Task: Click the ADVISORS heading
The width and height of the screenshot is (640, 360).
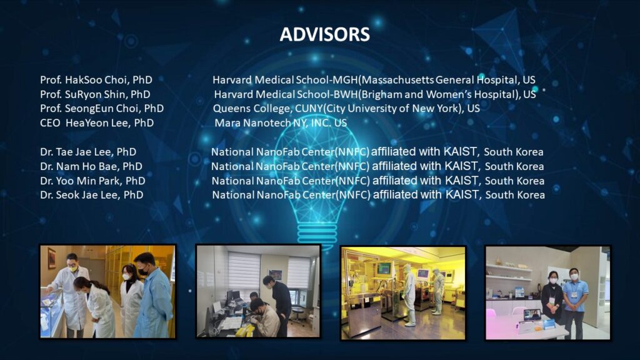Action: (x=325, y=34)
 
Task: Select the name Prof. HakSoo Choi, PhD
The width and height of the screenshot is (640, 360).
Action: (x=96, y=80)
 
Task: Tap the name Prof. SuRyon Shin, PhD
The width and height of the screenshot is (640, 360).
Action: (x=95, y=94)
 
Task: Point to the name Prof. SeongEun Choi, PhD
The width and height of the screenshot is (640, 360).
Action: (x=102, y=109)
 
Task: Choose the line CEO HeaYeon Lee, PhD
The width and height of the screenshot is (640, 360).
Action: (x=97, y=123)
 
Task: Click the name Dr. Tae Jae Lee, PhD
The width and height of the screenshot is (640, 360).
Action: (x=88, y=152)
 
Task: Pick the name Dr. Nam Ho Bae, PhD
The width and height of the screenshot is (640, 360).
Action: (x=91, y=166)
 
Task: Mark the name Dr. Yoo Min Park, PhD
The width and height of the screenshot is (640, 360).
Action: (x=92, y=181)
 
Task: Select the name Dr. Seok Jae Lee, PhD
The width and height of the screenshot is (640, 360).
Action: (x=91, y=195)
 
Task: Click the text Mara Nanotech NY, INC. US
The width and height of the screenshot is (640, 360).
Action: (x=281, y=123)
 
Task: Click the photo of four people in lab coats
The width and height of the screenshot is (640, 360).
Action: (x=107, y=291)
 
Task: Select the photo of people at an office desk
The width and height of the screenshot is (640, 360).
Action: (x=258, y=291)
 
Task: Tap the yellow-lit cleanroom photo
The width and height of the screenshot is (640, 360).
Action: (x=403, y=292)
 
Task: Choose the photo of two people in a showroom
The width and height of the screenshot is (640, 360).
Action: (x=547, y=292)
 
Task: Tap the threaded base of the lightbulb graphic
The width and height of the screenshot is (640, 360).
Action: (x=317, y=234)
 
